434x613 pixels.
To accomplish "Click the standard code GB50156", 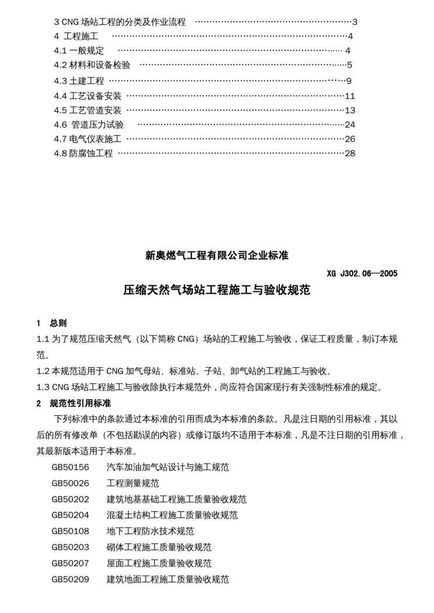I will pyautogui.click(x=70, y=467).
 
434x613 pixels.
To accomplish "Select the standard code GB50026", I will pyautogui.click(x=70, y=483).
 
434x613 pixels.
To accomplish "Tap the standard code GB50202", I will pyautogui.click(x=70, y=499).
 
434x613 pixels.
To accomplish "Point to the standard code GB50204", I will pyautogui.click(x=70, y=515).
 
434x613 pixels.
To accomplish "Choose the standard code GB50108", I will pyautogui.click(x=70, y=531).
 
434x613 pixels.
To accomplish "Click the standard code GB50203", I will pyautogui.click(x=70, y=547).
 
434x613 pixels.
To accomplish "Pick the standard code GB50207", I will pyautogui.click(x=70, y=563).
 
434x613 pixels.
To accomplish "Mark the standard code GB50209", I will pyautogui.click(x=70, y=579).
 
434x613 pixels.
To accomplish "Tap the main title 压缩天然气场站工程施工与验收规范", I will pyautogui.click(x=217, y=290).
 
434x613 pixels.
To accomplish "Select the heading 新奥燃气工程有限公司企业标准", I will pyautogui.click(x=217, y=255).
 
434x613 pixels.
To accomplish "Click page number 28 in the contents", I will pyautogui.click(x=350, y=153).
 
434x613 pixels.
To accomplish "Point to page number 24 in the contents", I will pyautogui.click(x=350, y=124).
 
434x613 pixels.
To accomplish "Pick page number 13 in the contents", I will pyautogui.click(x=350, y=110).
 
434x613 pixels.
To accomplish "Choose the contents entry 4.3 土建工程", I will pyautogui.click(x=79, y=80).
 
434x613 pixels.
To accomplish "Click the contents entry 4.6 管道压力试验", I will pyautogui.click(x=89, y=124).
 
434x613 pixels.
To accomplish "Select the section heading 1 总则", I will pyautogui.click(x=51, y=323).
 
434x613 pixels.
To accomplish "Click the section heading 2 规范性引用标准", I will pyautogui.click(x=73, y=403).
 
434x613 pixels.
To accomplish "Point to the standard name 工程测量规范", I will pyautogui.click(x=133, y=483).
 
